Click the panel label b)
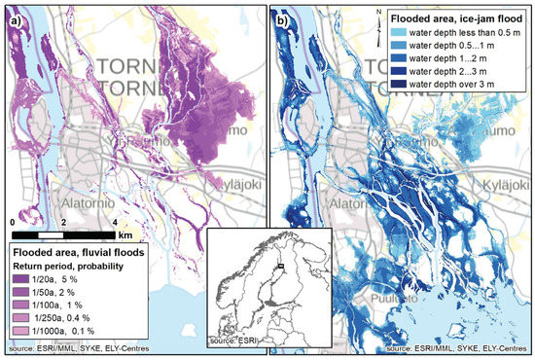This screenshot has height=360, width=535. pyautogui.click(x=283, y=17)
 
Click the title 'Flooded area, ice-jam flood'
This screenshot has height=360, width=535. pyautogui.click(x=455, y=18)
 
